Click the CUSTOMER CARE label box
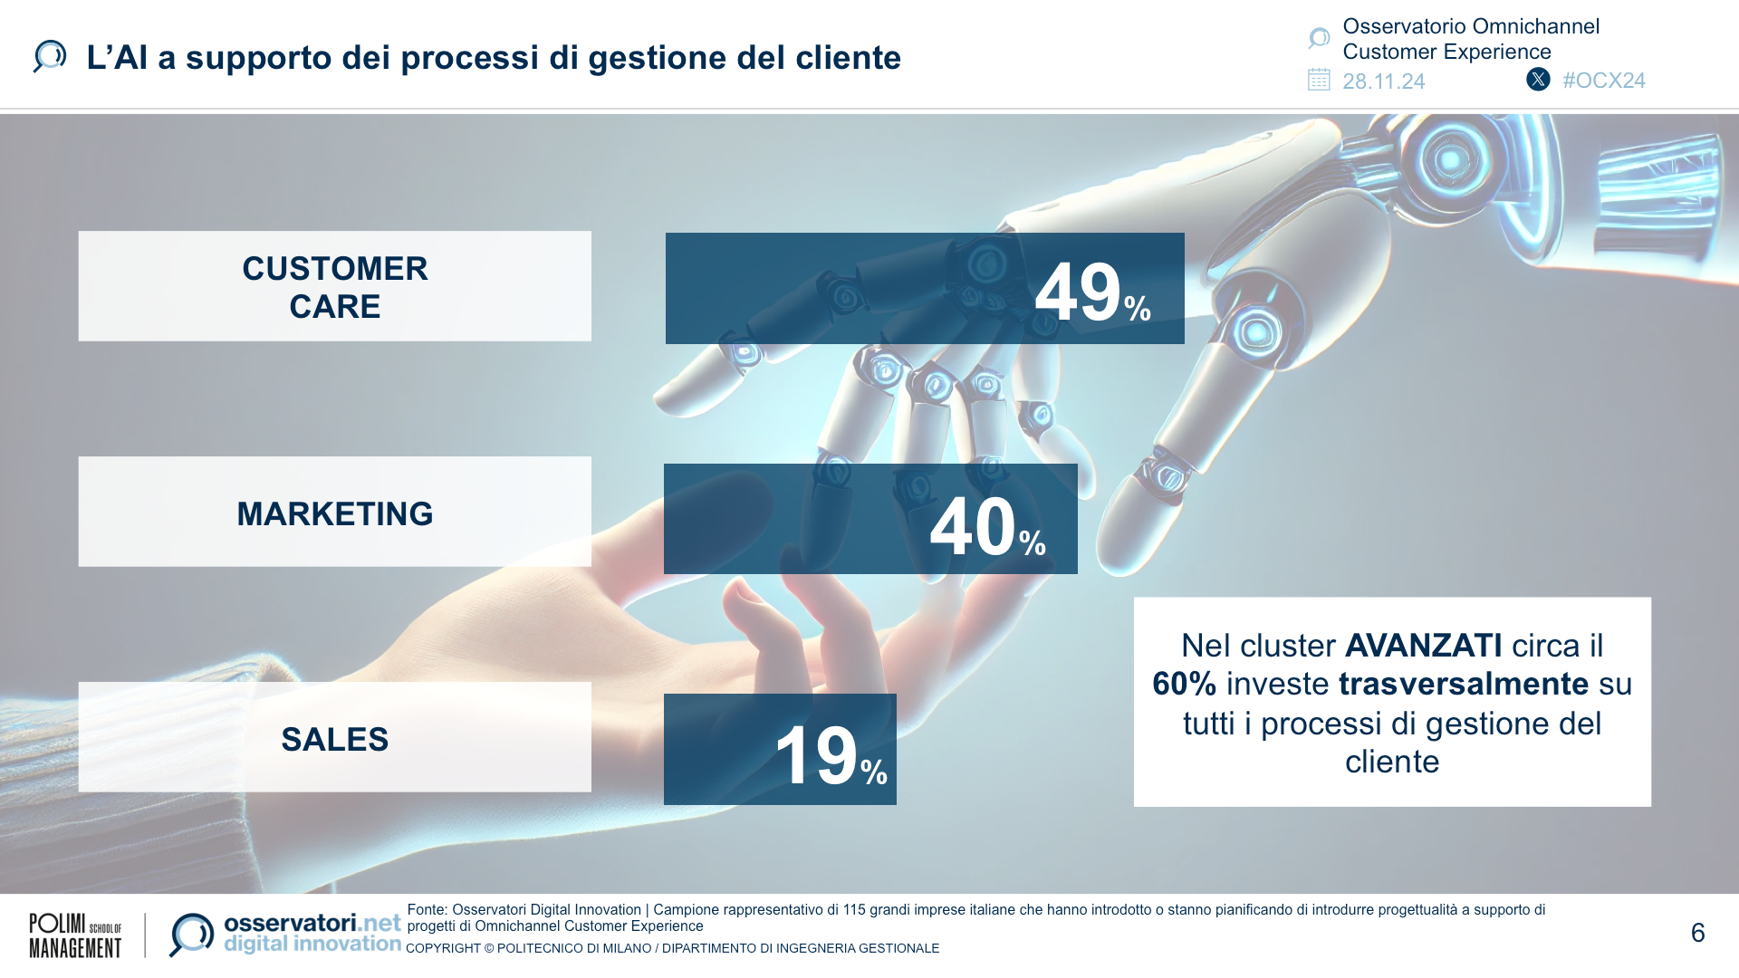[334, 286]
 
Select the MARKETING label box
[334, 513]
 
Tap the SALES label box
[334, 738]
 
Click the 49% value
[1091, 292]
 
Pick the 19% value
[830, 755]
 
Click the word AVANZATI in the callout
[1424, 646]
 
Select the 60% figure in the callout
[1184, 684]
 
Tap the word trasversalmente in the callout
[1464, 684]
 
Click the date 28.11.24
[1383, 81]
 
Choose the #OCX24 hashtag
[1603, 81]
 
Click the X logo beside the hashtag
[1538, 80]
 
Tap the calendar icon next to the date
[1319, 80]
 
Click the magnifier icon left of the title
[50, 56]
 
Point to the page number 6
[1697, 933]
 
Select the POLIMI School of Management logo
[75, 935]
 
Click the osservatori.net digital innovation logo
[285, 934]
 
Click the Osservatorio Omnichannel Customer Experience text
[1470, 39]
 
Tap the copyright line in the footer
[672, 948]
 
